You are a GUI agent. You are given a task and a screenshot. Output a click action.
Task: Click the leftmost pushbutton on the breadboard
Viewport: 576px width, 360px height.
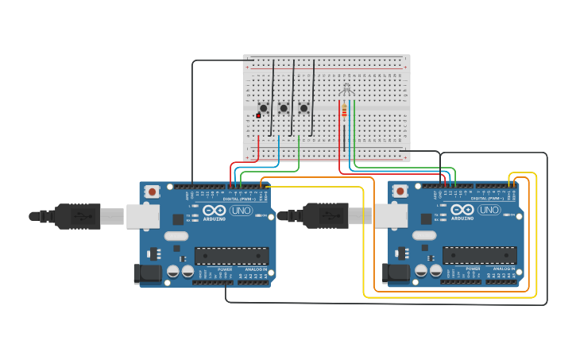click(x=263, y=108)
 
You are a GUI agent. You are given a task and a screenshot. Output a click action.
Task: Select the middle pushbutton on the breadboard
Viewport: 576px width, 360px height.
click(x=284, y=108)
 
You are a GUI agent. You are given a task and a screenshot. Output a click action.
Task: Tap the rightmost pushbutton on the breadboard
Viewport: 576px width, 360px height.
click(x=303, y=108)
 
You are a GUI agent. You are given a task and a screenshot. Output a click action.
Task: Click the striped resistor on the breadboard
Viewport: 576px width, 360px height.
click(x=344, y=112)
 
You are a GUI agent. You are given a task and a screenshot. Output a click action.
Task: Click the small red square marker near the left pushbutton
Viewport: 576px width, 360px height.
click(x=258, y=116)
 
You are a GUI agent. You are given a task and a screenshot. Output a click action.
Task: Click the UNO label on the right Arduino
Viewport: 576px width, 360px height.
click(x=489, y=211)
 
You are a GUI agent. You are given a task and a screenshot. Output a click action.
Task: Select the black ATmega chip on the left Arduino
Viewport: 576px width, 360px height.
click(x=231, y=256)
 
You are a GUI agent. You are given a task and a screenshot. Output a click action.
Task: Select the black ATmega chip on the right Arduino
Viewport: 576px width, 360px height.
click(x=480, y=256)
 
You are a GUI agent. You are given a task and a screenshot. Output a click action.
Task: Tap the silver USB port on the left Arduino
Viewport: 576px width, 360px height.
click(x=142, y=215)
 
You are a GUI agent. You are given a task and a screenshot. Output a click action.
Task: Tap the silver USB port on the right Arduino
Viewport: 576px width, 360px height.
click(x=391, y=215)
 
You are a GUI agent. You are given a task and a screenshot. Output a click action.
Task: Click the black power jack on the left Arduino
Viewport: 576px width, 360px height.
click(x=147, y=274)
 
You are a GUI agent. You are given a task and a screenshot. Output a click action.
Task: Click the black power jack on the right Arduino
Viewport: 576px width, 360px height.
click(x=396, y=274)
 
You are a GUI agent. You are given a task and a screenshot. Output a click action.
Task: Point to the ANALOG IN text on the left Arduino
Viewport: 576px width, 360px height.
click(x=256, y=269)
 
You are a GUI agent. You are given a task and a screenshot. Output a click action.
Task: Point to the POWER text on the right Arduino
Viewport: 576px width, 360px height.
click(x=473, y=269)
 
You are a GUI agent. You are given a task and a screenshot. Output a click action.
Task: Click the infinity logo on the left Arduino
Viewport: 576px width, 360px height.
click(x=214, y=212)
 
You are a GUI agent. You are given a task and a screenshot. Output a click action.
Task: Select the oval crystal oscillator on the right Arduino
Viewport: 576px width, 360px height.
click(x=425, y=235)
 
